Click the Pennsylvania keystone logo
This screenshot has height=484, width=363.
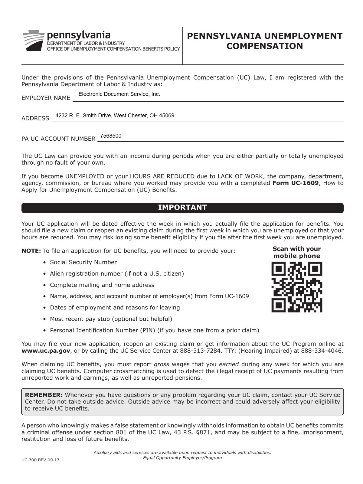pyautogui.click(x=33, y=40)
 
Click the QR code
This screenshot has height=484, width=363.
pyautogui.click(x=297, y=287)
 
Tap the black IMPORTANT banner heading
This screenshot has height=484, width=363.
pyautogui.click(x=182, y=208)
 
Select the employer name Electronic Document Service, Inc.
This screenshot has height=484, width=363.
pyautogui.click(x=119, y=94)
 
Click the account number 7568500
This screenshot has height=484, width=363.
pyautogui.click(x=111, y=136)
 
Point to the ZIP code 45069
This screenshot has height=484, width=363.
pyautogui.click(x=167, y=116)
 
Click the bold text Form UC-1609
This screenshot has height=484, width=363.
pyautogui.click(x=295, y=183)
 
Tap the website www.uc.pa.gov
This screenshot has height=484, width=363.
pyautogui.click(x=46, y=351)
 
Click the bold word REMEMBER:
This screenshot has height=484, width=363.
pyautogui.click(x=44, y=395)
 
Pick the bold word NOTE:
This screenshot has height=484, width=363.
pyautogui.click(x=31, y=251)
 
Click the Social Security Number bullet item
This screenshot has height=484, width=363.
pyautogui.click(x=83, y=262)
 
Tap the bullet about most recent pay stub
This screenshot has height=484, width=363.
pyautogui.click(x=111, y=319)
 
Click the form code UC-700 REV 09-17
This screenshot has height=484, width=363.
pyautogui.click(x=40, y=460)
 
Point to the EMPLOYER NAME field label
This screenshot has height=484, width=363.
pyautogui.click(x=46, y=98)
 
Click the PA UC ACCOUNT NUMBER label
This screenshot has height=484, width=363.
pyautogui.click(x=58, y=139)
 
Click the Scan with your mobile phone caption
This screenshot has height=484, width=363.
pyautogui.click(x=296, y=252)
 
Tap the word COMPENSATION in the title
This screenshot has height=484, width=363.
pyautogui.click(x=264, y=46)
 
